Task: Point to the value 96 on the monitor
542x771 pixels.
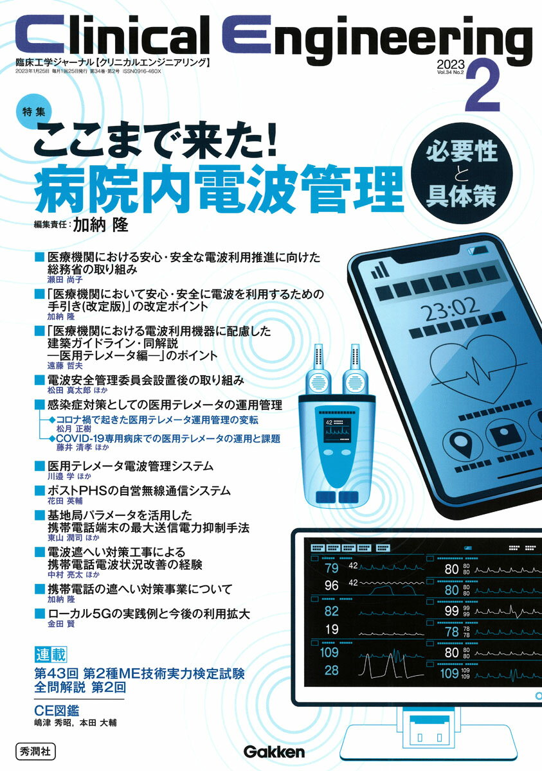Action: click(x=332, y=585)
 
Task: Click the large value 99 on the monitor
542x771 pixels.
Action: click(x=451, y=611)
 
